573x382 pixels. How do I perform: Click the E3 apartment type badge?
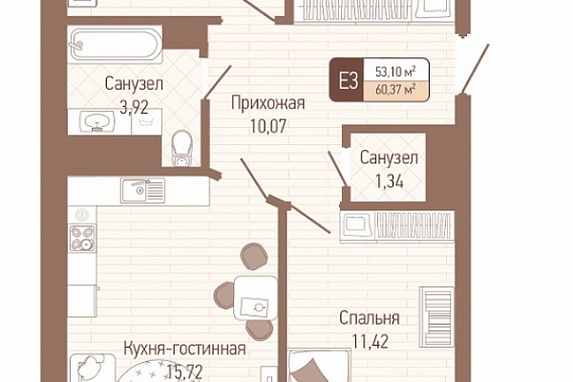click(347, 79)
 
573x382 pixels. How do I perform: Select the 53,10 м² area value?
click(396, 72)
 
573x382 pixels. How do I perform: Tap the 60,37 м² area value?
click(395, 90)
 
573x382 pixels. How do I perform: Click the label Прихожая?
click(267, 103)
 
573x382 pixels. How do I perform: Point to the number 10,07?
click(268, 126)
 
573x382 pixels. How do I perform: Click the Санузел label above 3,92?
click(134, 84)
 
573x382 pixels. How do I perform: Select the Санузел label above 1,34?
click(389, 159)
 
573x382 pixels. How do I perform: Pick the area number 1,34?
click(390, 180)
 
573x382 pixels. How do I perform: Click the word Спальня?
click(369, 318)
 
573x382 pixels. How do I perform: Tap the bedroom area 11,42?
click(371, 341)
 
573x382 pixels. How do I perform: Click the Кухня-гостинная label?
click(184, 349)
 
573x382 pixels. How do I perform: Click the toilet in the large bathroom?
click(182, 148)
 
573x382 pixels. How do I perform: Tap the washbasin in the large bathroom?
click(97, 120)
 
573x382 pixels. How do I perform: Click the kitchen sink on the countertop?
click(143, 190)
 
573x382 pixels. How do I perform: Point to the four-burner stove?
click(82, 238)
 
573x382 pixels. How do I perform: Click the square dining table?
click(255, 298)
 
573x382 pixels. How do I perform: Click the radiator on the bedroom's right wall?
click(437, 317)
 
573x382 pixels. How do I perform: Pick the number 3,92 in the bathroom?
click(134, 108)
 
